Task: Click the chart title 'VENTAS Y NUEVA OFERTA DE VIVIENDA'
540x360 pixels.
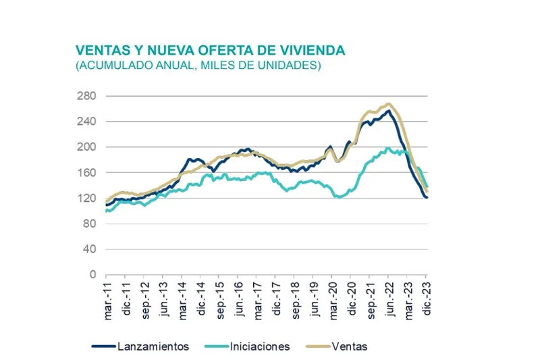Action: click(x=210, y=51)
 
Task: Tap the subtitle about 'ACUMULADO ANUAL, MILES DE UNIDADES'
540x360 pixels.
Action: click(x=198, y=66)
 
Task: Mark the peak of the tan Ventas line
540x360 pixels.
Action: click(x=388, y=104)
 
